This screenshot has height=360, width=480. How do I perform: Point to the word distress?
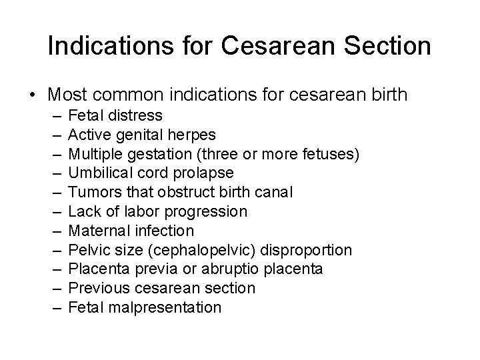[137, 116]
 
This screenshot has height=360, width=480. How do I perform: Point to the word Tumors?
[91, 193]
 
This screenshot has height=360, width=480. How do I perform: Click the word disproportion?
[307, 250]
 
